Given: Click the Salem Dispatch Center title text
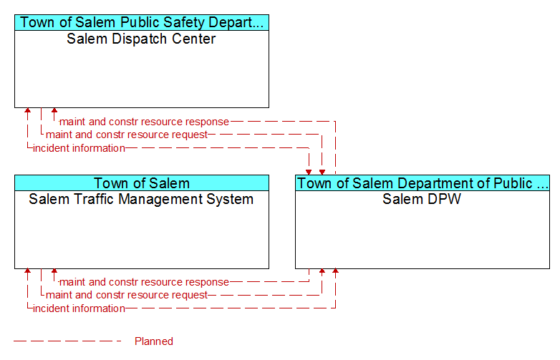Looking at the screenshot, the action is pyautogui.click(x=141, y=39).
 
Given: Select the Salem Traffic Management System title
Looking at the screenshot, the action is pyautogui.click(x=141, y=199).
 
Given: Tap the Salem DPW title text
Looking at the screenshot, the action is pyautogui.click(x=422, y=199).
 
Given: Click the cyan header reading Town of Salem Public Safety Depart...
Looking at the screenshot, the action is pyautogui.click(x=142, y=22).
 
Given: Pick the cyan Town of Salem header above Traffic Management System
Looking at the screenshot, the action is pyautogui.click(x=142, y=183).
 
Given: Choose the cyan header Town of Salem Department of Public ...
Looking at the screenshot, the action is pyautogui.click(x=423, y=183).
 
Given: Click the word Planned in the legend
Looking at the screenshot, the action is pyautogui.click(x=154, y=341).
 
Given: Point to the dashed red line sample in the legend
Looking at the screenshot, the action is pyautogui.click(x=67, y=341).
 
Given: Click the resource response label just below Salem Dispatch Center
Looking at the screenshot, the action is pyautogui.click(x=144, y=122).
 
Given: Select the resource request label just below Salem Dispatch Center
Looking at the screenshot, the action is pyautogui.click(x=127, y=135).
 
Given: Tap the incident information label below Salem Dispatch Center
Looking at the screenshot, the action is pyautogui.click(x=79, y=148).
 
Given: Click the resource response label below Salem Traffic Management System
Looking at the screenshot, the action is pyautogui.click(x=144, y=282).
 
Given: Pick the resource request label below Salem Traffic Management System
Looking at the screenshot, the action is pyautogui.click(x=127, y=295).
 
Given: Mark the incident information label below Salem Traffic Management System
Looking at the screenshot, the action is pyautogui.click(x=79, y=308).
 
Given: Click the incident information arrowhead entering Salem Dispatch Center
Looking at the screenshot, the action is pyautogui.click(x=27, y=110).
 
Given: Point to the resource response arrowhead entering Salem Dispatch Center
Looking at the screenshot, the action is pyautogui.click(x=54, y=110).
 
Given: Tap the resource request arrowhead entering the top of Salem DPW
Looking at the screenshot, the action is pyautogui.click(x=322, y=172).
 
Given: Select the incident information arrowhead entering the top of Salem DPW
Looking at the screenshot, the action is pyautogui.click(x=309, y=172).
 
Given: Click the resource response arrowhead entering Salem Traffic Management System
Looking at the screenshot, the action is pyautogui.click(x=54, y=271).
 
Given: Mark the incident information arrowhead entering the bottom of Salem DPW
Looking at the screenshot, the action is pyautogui.click(x=335, y=271).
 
